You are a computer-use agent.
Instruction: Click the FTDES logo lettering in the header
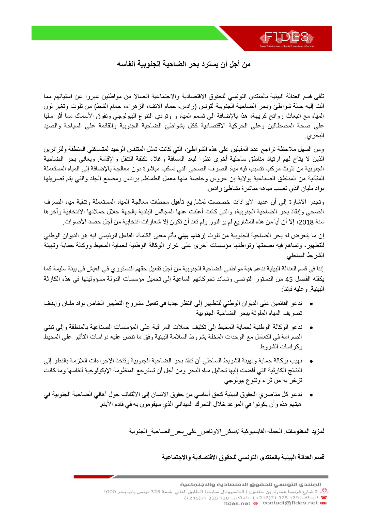[286, 38]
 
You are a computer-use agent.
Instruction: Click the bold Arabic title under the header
[184, 64]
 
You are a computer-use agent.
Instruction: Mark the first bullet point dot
[311, 304]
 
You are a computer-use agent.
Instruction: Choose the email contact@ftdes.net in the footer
[290, 503]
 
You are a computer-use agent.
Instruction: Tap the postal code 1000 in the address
[110, 491]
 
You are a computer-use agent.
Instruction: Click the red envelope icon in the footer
[323, 503]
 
